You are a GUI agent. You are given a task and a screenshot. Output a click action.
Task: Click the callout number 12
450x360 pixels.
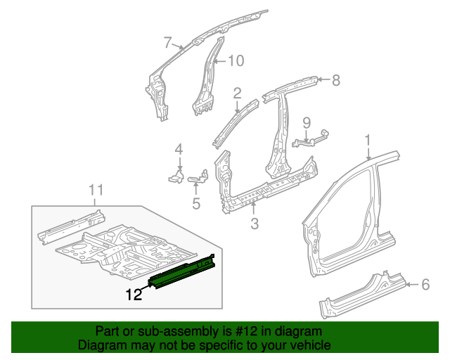tap(134, 295)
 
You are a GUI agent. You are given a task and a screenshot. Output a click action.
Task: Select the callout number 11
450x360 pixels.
tap(96, 189)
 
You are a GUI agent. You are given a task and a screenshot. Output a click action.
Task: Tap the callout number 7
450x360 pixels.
tap(167, 42)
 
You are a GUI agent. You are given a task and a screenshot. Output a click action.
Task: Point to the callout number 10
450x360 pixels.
tap(235, 61)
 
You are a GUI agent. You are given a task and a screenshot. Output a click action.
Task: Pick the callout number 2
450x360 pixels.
tap(237, 92)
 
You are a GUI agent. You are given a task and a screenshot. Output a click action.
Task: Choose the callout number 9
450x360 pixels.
tap(306, 123)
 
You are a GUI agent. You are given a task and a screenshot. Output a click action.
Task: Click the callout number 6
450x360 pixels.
tap(425, 284)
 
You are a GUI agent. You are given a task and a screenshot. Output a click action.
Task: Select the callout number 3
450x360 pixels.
tap(255, 224)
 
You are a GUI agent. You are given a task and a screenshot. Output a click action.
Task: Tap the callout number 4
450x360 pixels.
tap(179, 149)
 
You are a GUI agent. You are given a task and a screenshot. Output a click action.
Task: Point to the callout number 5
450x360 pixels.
tap(196, 204)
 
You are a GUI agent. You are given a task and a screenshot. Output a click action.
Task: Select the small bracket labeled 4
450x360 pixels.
tap(176, 174)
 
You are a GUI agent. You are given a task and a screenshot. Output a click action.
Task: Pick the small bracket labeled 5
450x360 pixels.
tap(199, 177)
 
